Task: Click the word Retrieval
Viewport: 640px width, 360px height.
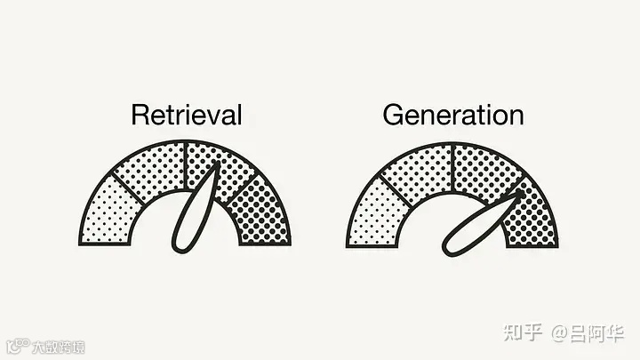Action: [186, 115]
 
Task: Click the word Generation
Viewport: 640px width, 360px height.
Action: [452, 115]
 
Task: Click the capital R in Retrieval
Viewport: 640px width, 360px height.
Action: [139, 115]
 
